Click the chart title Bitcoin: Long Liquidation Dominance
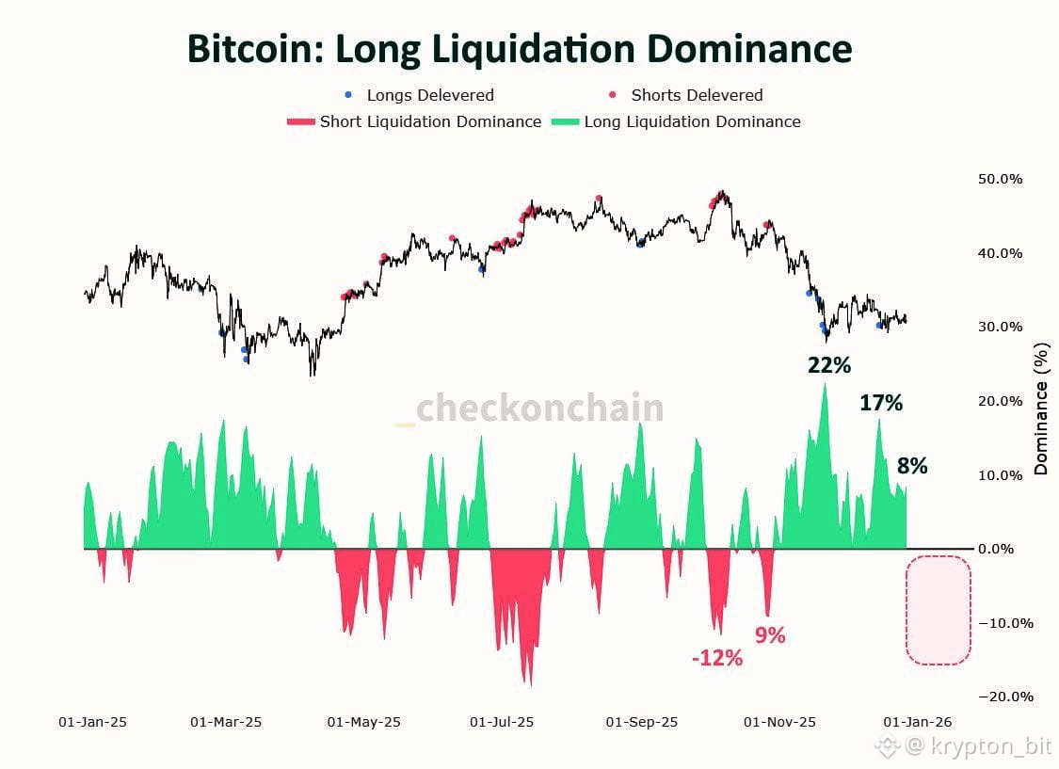pyautogui.click(x=519, y=49)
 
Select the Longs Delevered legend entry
pyautogui.click(x=429, y=95)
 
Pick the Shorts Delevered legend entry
pyautogui.click(x=696, y=95)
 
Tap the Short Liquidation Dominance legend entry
pyautogui.click(x=429, y=121)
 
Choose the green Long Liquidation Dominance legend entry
pyautogui.click(x=692, y=121)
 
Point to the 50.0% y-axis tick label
pyautogui.click(x=999, y=179)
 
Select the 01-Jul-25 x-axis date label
pyautogui.click(x=502, y=722)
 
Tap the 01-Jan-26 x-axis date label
pyautogui.click(x=917, y=722)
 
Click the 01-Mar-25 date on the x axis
pyautogui.click(x=226, y=722)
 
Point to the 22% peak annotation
pyautogui.click(x=828, y=365)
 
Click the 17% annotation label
pyautogui.click(x=881, y=404)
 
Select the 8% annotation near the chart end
pyautogui.click(x=912, y=466)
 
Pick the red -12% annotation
pyautogui.click(x=717, y=659)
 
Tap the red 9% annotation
pyautogui.click(x=770, y=635)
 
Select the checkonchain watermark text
pyautogui.click(x=539, y=408)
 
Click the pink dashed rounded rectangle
pyautogui.click(x=938, y=610)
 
